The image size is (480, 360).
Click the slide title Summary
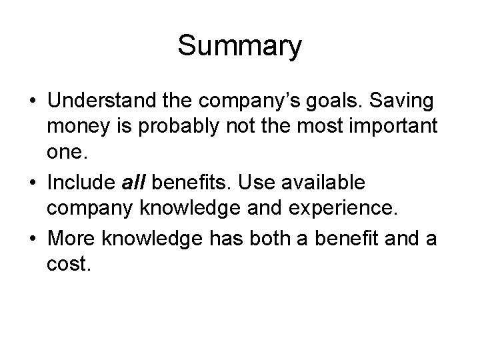[240, 47]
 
